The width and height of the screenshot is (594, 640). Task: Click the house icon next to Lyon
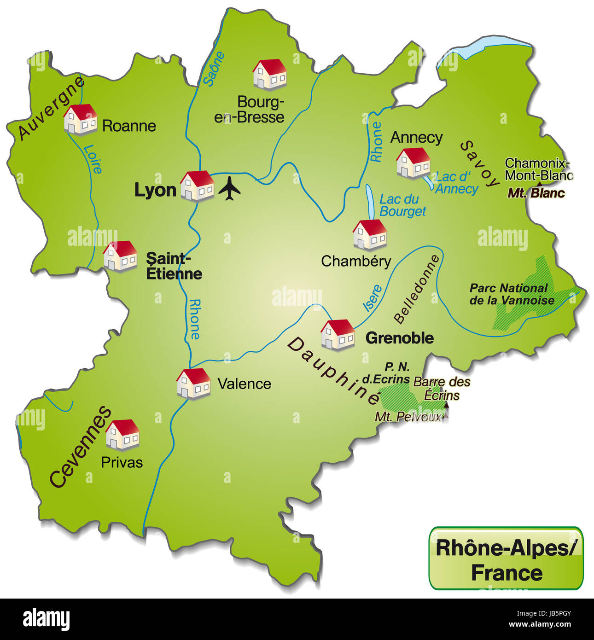point(197,186)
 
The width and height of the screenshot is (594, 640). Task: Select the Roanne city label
point(129,126)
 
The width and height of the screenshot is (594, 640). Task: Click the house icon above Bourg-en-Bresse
point(269,74)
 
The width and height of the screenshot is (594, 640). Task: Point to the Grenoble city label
point(399,338)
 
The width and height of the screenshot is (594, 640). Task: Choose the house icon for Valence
point(193,383)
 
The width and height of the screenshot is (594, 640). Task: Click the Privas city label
point(122,462)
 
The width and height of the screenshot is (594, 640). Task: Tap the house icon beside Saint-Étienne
point(120,256)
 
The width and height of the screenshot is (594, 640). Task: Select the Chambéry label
point(356,262)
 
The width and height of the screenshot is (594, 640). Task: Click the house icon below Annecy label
point(413,163)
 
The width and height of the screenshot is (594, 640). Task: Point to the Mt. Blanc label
point(536,193)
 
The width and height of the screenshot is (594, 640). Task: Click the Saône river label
point(215,69)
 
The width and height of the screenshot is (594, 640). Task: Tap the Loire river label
point(93,159)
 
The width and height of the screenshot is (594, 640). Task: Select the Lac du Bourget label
point(402,205)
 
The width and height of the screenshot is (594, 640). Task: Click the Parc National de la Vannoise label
point(512,294)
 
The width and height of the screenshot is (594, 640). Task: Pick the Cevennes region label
point(80,447)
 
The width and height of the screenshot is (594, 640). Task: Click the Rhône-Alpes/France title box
point(506,558)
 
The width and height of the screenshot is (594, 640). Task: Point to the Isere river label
point(373,298)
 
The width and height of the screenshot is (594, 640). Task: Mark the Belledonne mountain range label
point(416,289)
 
